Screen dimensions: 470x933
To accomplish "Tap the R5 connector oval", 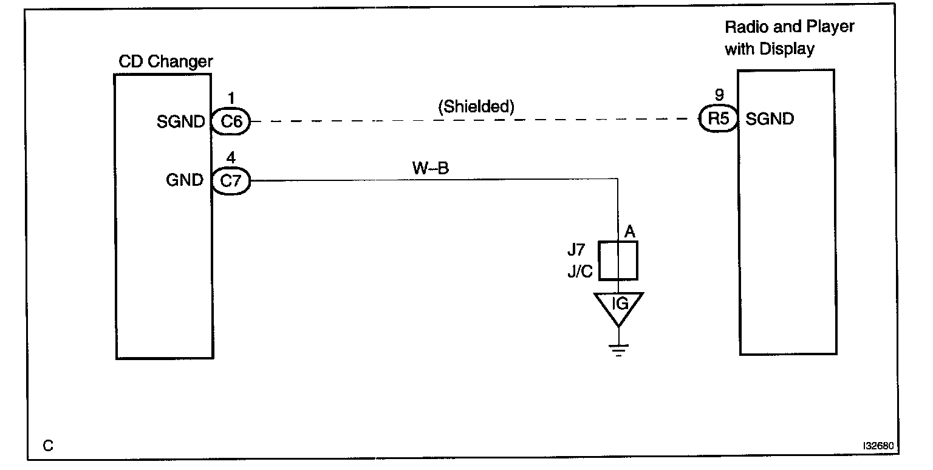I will [719, 120].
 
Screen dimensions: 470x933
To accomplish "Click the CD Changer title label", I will [165, 61].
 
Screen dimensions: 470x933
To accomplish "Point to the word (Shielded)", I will [476, 107].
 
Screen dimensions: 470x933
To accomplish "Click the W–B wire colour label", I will [430, 168].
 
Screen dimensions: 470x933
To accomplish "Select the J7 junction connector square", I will [618, 261].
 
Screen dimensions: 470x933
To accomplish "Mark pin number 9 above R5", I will [720, 96].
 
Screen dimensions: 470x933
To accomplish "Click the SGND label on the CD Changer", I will [181, 121].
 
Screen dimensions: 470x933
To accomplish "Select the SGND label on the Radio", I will [769, 119].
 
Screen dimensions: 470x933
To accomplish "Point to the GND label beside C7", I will [185, 180].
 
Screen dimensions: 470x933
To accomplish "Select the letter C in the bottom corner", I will [48, 446].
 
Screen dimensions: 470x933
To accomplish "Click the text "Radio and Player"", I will [790, 27].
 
